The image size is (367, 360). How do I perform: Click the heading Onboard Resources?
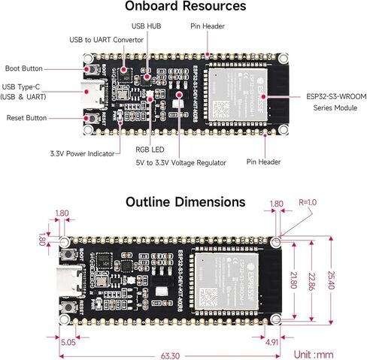coord(184,7)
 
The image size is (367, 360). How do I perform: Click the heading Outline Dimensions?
coord(184,202)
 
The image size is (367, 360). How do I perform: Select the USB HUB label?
coord(147,26)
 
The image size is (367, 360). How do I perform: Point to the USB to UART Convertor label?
coord(106,39)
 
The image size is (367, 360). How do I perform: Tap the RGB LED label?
coord(150,150)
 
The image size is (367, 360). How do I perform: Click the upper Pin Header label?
coord(206,26)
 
